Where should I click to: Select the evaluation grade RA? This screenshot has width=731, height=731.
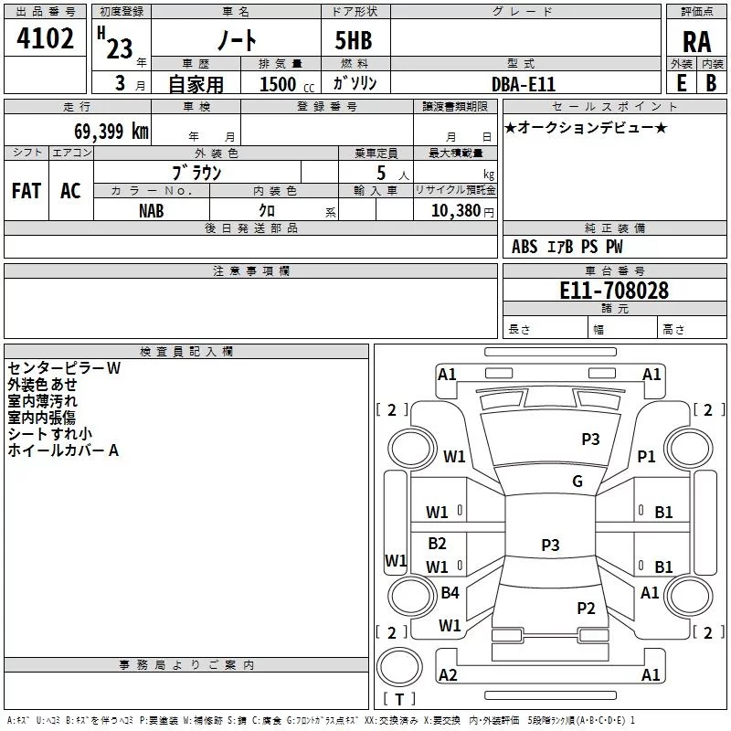(696, 42)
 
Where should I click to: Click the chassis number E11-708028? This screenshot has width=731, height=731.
(613, 291)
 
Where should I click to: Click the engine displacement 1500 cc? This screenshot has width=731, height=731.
(282, 84)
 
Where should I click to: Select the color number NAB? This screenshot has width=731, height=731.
(152, 209)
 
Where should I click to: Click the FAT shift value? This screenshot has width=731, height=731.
(26, 191)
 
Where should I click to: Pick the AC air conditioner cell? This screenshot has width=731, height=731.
(70, 191)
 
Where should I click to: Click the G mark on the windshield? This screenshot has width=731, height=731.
(577, 482)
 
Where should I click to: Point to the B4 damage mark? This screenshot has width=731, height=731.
(450, 593)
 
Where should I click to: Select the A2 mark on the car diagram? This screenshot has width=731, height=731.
(448, 674)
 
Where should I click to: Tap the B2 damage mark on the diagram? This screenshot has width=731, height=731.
(438, 544)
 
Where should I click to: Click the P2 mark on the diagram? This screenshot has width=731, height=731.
(586, 608)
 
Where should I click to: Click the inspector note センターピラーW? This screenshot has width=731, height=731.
(63, 368)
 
